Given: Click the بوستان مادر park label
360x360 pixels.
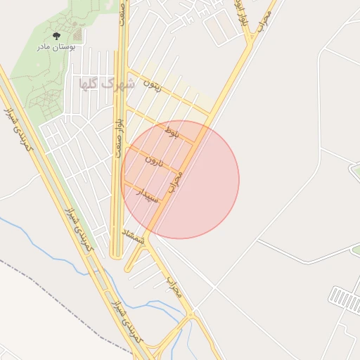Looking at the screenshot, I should click(x=56, y=47).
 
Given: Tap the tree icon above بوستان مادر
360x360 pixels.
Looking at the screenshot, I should click(x=56, y=34).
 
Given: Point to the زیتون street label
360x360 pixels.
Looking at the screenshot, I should click(x=152, y=86).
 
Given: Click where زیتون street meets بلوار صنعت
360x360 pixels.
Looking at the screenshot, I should click(x=127, y=71).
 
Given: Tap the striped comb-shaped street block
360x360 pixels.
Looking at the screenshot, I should click(x=345, y=296).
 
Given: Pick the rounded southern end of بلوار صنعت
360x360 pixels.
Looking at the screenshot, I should click(x=117, y=256).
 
